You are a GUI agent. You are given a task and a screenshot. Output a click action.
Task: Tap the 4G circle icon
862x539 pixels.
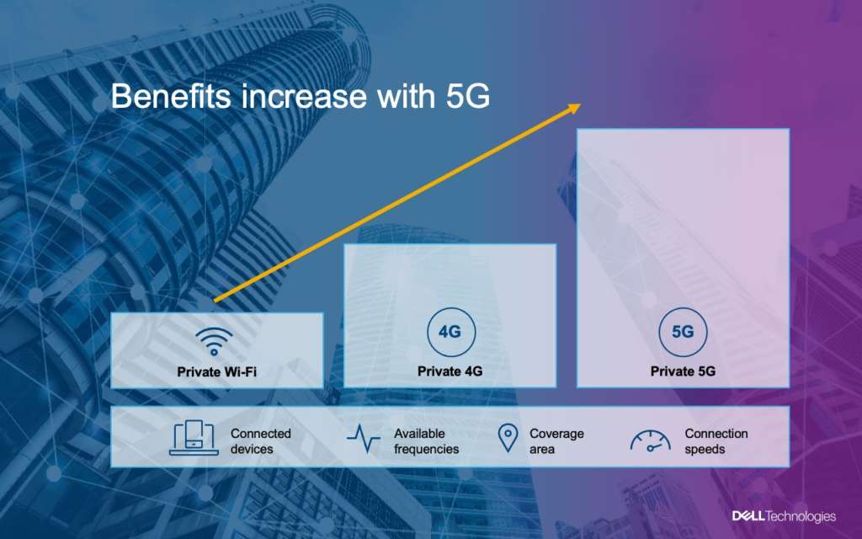tap(450, 332)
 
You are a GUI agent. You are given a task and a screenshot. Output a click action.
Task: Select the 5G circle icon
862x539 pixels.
tap(683, 332)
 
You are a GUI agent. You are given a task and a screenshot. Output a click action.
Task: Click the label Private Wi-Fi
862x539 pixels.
tap(216, 371)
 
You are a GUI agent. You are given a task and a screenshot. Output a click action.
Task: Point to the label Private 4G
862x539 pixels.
tap(450, 371)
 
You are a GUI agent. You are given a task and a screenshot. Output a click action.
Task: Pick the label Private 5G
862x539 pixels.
tap(683, 371)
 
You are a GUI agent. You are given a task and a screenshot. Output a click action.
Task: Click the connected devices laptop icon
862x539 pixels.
tap(194, 438)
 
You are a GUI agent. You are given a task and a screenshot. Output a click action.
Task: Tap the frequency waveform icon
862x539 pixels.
tap(364, 439)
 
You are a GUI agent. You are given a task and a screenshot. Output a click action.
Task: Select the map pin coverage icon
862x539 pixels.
tap(507, 439)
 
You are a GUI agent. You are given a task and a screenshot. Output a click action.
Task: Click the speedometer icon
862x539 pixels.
tap(651, 440)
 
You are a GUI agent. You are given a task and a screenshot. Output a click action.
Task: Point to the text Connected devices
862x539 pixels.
tap(260, 441)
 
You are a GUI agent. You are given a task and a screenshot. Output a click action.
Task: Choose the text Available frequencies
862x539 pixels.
tap(426, 441)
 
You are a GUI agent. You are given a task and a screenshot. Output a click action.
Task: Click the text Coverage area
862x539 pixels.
tap(556, 441)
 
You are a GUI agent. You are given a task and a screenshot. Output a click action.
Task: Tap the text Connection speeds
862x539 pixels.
tap(716, 441)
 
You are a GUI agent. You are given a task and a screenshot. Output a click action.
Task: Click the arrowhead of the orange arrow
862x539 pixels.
tap(576, 107)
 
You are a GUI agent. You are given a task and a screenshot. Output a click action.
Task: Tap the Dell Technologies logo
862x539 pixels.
tap(783, 515)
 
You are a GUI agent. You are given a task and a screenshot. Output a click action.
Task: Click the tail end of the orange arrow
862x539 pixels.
tap(215, 300)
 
